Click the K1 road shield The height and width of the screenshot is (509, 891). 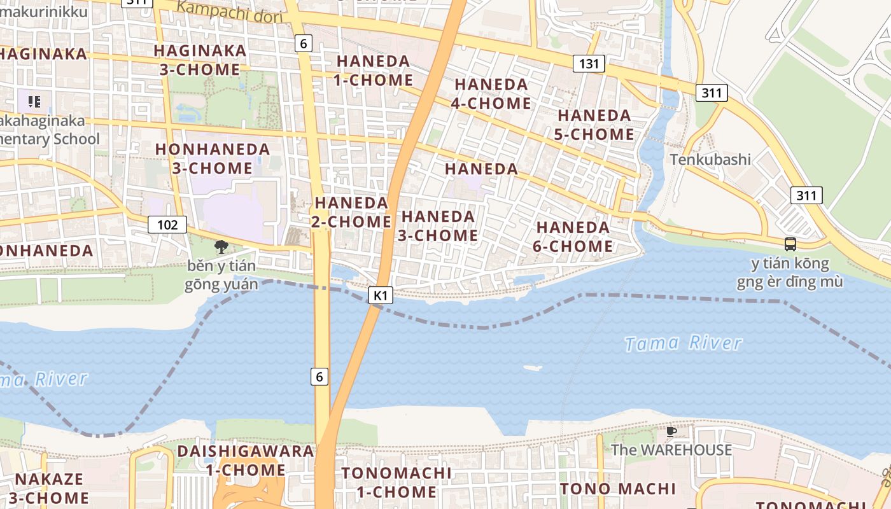coord(380,295)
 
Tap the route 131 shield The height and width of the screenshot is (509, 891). coord(589,63)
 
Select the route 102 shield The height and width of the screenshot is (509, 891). coord(167,225)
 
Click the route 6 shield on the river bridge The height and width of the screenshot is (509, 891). coord(319,377)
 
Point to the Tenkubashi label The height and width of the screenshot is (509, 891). coord(710,159)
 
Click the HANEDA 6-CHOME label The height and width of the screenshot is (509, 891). coord(573,237)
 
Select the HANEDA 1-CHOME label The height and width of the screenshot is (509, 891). coord(374,71)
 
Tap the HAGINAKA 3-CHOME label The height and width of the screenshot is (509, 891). coord(200,60)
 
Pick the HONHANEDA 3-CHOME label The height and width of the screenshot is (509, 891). coord(213,159)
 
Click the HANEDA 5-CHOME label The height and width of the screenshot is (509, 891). coord(595,125)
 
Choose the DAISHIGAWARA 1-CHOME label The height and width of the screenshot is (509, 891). coord(246,461)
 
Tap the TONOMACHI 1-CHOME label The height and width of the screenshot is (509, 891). coord(396,482)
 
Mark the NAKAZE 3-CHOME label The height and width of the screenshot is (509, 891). coord(49,488)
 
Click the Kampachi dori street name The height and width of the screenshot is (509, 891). coord(228,11)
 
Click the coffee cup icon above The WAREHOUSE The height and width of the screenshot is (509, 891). coord(671,431)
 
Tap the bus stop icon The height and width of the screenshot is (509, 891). coord(790,244)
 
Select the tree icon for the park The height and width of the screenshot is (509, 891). coord(221,246)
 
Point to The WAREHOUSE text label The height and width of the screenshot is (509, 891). coord(671,450)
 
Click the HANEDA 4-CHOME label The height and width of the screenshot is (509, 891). coord(491,94)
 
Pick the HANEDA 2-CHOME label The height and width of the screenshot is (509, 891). coord(351,212)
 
